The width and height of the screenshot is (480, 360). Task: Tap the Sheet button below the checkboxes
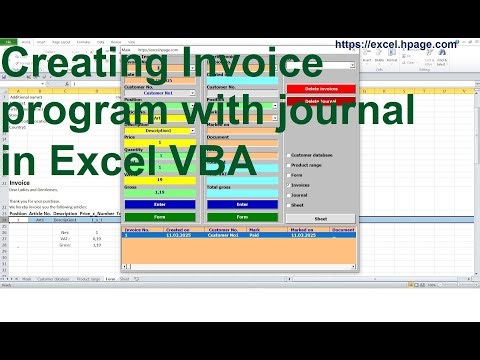(x=320, y=217)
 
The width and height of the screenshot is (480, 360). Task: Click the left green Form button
(x=159, y=216)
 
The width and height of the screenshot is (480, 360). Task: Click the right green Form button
(x=243, y=216)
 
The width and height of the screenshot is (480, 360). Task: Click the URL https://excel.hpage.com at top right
(x=396, y=44)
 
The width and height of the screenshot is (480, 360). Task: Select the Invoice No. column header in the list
(x=136, y=230)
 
